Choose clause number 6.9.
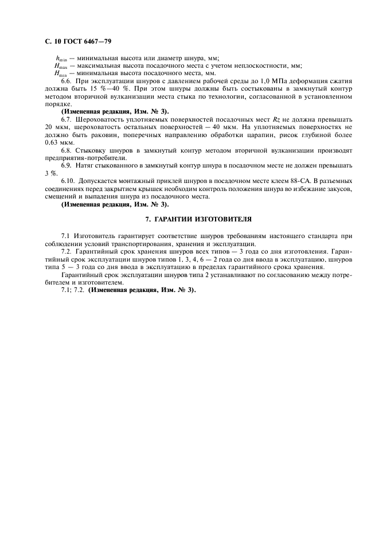[x=68, y=165]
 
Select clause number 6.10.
[x=69, y=181]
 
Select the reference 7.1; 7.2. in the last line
[x=73, y=290]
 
